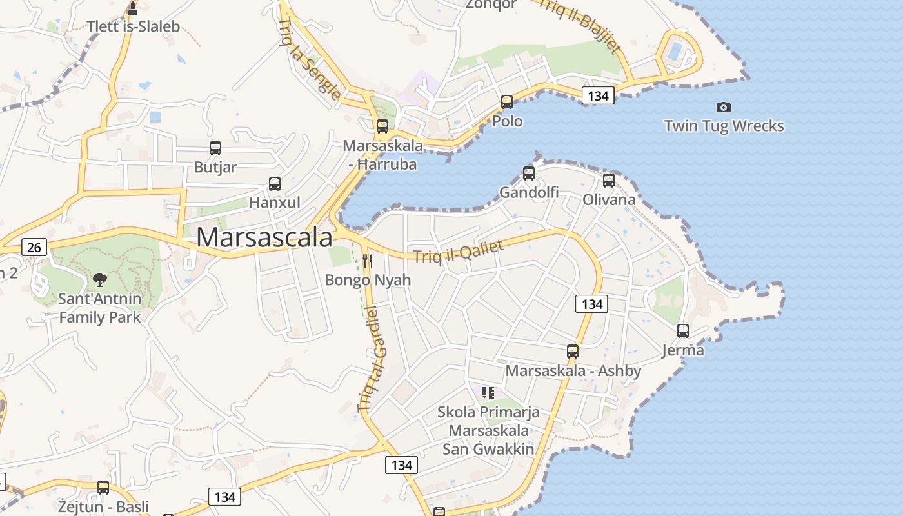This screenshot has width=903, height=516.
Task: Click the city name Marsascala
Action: (264, 237)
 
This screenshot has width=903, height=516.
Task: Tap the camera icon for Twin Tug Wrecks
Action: (724, 107)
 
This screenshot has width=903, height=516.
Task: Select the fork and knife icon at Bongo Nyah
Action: (368, 261)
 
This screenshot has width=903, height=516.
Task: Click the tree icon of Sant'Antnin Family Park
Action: (99, 279)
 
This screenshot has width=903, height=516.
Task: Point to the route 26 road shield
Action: (34, 246)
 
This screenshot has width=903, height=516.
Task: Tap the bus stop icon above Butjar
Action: (215, 148)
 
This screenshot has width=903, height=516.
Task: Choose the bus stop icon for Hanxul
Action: (275, 184)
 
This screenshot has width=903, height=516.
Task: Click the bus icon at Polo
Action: (507, 102)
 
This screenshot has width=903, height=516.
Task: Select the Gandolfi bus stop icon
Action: (529, 173)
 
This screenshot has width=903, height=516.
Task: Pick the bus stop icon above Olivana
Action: (609, 181)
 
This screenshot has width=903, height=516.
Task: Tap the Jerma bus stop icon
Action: (683, 331)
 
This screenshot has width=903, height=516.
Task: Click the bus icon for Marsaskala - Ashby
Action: (573, 352)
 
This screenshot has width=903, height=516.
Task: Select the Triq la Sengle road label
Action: (309, 59)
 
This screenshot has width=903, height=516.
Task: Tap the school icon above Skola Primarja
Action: (488, 392)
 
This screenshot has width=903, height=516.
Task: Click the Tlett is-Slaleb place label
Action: (133, 27)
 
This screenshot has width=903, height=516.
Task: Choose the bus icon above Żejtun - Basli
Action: (103, 488)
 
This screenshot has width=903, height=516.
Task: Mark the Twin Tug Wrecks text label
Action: (724, 126)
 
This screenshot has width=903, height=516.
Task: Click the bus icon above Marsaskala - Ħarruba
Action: (382, 126)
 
